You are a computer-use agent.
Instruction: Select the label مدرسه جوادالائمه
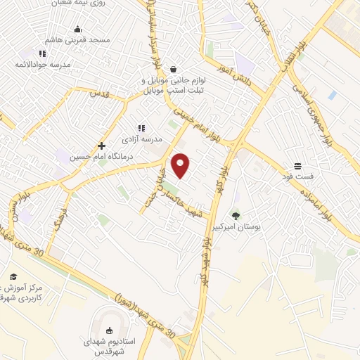pos(46,64)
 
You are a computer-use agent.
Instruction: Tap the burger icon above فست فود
pos(298,166)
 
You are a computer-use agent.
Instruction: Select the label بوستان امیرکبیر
pos(236,227)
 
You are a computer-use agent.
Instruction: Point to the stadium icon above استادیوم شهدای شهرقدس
pos(108,331)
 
